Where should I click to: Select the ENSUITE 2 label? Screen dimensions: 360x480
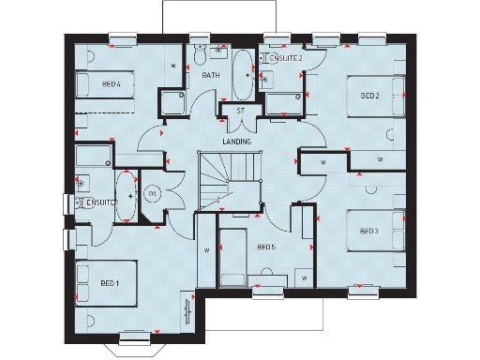[286, 58]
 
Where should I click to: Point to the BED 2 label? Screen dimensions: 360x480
[368, 96]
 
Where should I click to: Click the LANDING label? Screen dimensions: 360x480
[235, 142]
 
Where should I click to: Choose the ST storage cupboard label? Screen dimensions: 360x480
[240, 111]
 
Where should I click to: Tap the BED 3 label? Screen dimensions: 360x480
[368, 231]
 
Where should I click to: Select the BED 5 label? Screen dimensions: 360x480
[266, 247]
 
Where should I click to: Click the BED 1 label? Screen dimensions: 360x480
[110, 283]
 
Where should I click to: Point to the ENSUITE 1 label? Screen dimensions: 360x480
[99, 202]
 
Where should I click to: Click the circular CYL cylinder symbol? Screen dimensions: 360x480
[152, 194]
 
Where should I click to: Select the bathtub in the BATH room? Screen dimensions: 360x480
[241, 76]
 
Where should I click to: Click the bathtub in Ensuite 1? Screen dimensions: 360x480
[125, 196]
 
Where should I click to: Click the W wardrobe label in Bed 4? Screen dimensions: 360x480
[173, 66]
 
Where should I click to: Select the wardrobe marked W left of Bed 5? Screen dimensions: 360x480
[206, 250]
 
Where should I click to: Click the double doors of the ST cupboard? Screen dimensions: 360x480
[240, 122]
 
